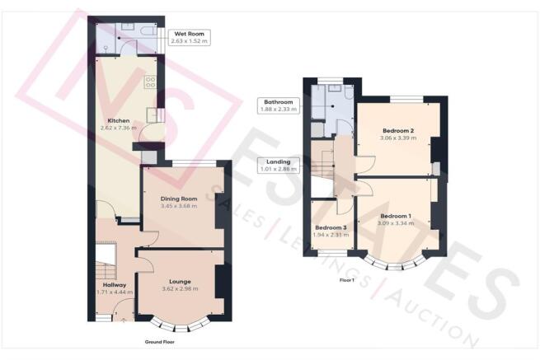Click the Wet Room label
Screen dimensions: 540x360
[189, 34]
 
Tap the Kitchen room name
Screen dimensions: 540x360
[119, 121]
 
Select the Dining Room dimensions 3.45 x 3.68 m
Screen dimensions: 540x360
[179, 206]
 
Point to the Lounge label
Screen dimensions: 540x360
[180, 282]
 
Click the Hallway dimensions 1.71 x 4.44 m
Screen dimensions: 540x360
[115, 292]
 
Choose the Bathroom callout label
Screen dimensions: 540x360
[279, 102]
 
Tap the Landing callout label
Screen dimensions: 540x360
[279, 161]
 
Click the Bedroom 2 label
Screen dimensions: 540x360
[398, 131]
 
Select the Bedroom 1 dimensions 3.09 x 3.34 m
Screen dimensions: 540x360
[396, 223]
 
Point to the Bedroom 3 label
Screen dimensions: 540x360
[331, 228]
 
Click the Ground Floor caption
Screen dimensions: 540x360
[159, 342]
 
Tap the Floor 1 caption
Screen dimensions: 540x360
[347, 280]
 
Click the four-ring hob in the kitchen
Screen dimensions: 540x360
[151, 82]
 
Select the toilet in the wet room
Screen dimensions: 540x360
[148, 30]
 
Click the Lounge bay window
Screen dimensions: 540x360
[180, 325]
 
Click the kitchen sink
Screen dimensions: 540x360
[152, 115]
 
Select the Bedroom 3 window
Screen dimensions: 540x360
[332, 254]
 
